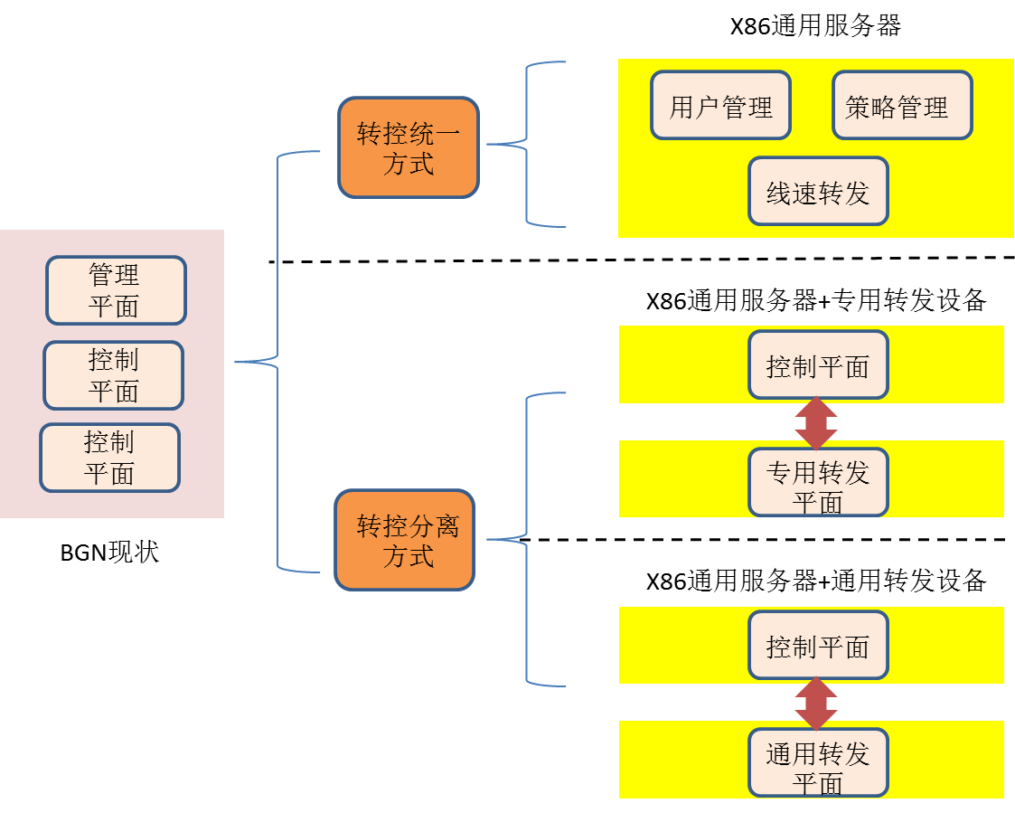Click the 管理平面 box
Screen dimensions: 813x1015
tap(116, 290)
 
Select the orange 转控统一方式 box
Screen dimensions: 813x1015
tap(409, 148)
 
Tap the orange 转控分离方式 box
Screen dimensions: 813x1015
tap(404, 540)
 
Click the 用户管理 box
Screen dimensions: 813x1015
tap(720, 106)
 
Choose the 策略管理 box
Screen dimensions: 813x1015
tap(902, 106)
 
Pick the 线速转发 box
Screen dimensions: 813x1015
tap(818, 191)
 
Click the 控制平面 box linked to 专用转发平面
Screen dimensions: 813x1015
tap(818, 364)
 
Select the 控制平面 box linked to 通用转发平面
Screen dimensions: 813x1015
tap(818, 645)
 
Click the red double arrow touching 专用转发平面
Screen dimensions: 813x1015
tap(816, 423)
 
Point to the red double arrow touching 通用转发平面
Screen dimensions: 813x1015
tap(816, 704)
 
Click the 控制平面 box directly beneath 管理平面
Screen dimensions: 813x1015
tap(113, 375)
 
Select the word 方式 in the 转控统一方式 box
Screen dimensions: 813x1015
tap(409, 165)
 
